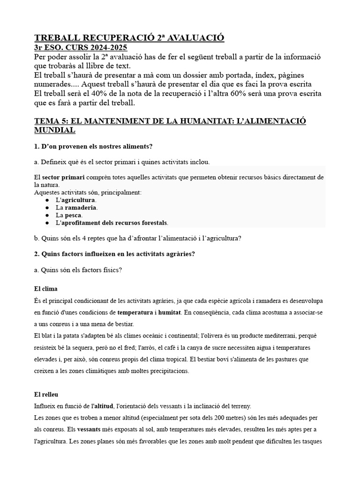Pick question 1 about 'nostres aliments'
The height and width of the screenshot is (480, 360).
(94, 147)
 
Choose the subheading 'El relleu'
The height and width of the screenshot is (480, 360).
(48, 394)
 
